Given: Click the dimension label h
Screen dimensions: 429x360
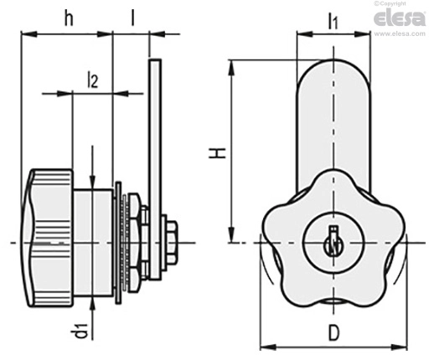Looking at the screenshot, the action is coord(69,18).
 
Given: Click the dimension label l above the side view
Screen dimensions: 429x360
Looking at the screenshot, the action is coord(133,18).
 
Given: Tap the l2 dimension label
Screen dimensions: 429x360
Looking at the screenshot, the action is coord(93,80).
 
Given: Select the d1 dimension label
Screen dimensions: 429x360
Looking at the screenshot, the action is coord(82,331).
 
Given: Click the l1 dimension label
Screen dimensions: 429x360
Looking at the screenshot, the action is coord(333,22).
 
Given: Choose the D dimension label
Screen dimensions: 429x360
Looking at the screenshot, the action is coord(333,332).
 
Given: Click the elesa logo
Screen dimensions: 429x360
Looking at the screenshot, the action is coord(400,18).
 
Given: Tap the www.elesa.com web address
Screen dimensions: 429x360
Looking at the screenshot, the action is coord(400,33).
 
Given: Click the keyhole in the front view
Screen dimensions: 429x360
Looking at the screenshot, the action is coord(333,242).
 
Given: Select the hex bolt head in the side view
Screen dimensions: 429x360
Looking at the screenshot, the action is coord(172,243).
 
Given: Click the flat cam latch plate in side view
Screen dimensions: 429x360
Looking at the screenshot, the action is coord(155,169).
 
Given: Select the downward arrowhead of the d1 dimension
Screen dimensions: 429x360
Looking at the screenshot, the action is coord(92,183).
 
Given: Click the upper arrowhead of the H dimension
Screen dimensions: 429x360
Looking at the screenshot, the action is coord(231,67).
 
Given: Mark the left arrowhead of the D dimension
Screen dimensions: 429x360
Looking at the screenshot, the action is coord(267,347).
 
